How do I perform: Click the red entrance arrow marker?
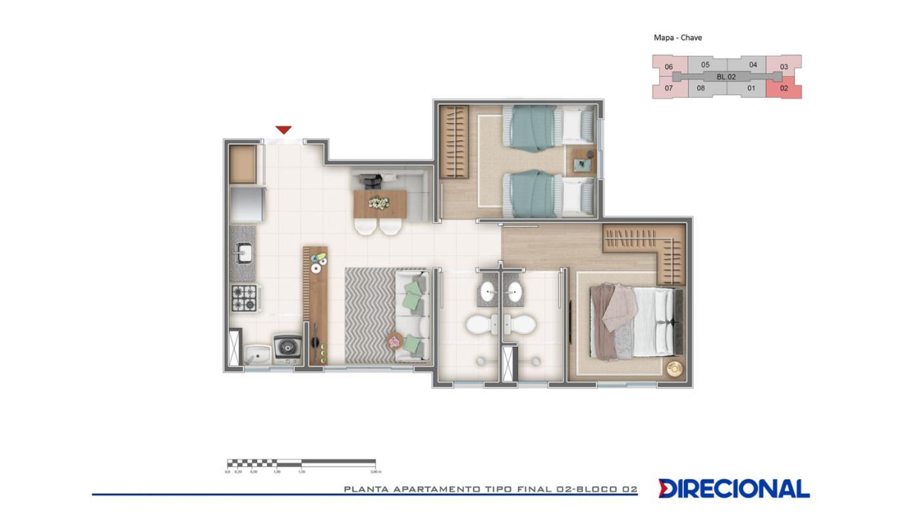[x=283, y=130]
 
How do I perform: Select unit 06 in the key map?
[x=669, y=66]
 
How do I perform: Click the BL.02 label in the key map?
[x=726, y=77]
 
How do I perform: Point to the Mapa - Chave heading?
[x=677, y=37]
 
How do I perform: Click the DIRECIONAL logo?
[x=734, y=488]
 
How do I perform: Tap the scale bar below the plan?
[x=301, y=464]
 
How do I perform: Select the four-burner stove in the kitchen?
[x=245, y=298]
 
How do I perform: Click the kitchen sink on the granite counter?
[x=243, y=252]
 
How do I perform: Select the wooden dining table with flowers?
[x=380, y=204]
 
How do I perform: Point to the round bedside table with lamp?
[x=674, y=368]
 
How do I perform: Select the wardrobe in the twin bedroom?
[x=452, y=142]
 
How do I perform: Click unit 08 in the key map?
[x=701, y=89]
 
